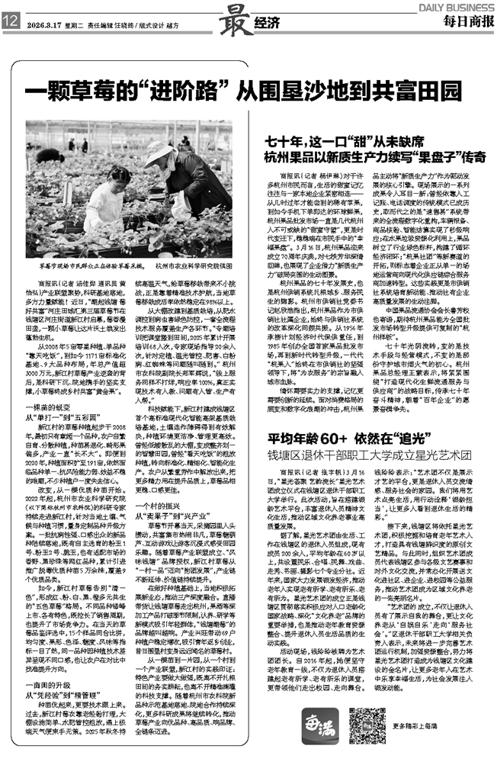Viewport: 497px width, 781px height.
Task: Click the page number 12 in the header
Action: click(x=10, y=24)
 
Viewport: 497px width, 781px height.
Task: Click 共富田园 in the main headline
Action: click(x=423, y=92)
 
